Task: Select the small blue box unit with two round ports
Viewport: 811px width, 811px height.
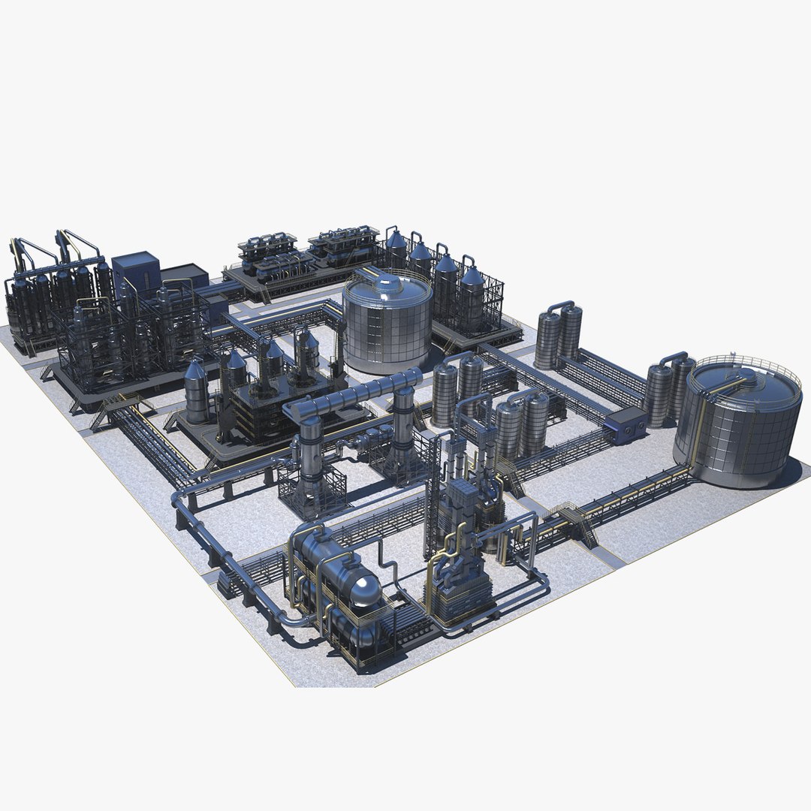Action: coord(626,426)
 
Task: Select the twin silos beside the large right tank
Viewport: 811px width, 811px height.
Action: coord(670,392)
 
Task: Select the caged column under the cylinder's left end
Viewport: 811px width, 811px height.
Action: coord(310,466)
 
